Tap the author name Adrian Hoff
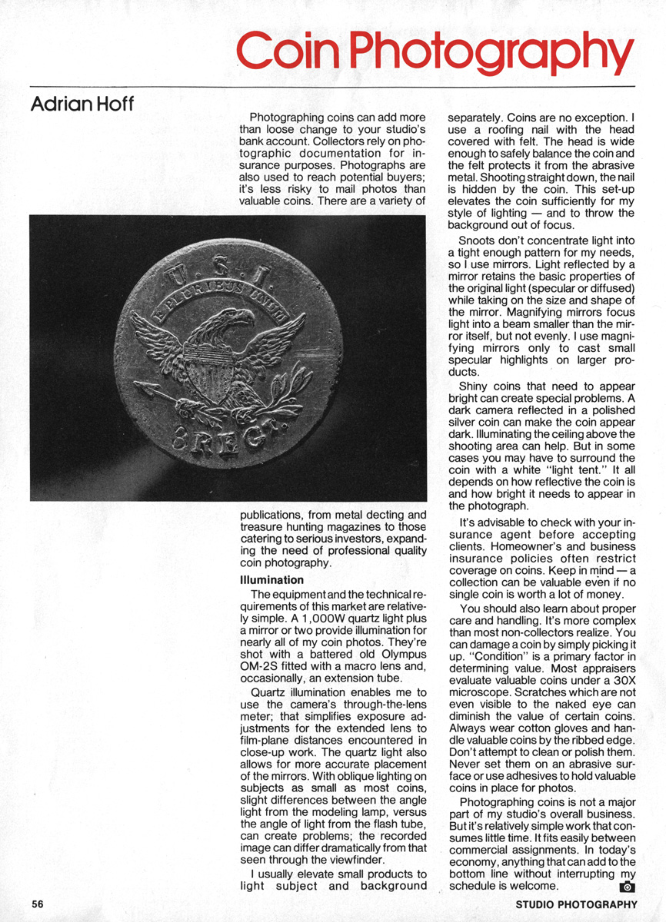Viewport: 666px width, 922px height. tap(82, 104)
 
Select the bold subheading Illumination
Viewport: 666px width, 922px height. tap(272, 579)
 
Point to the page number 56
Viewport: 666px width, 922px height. tap(38, 904)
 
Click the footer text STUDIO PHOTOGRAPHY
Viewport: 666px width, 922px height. tap(576, 904)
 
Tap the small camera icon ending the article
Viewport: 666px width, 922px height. tap(628, 887)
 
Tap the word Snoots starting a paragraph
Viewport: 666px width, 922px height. tap(478, 240)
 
